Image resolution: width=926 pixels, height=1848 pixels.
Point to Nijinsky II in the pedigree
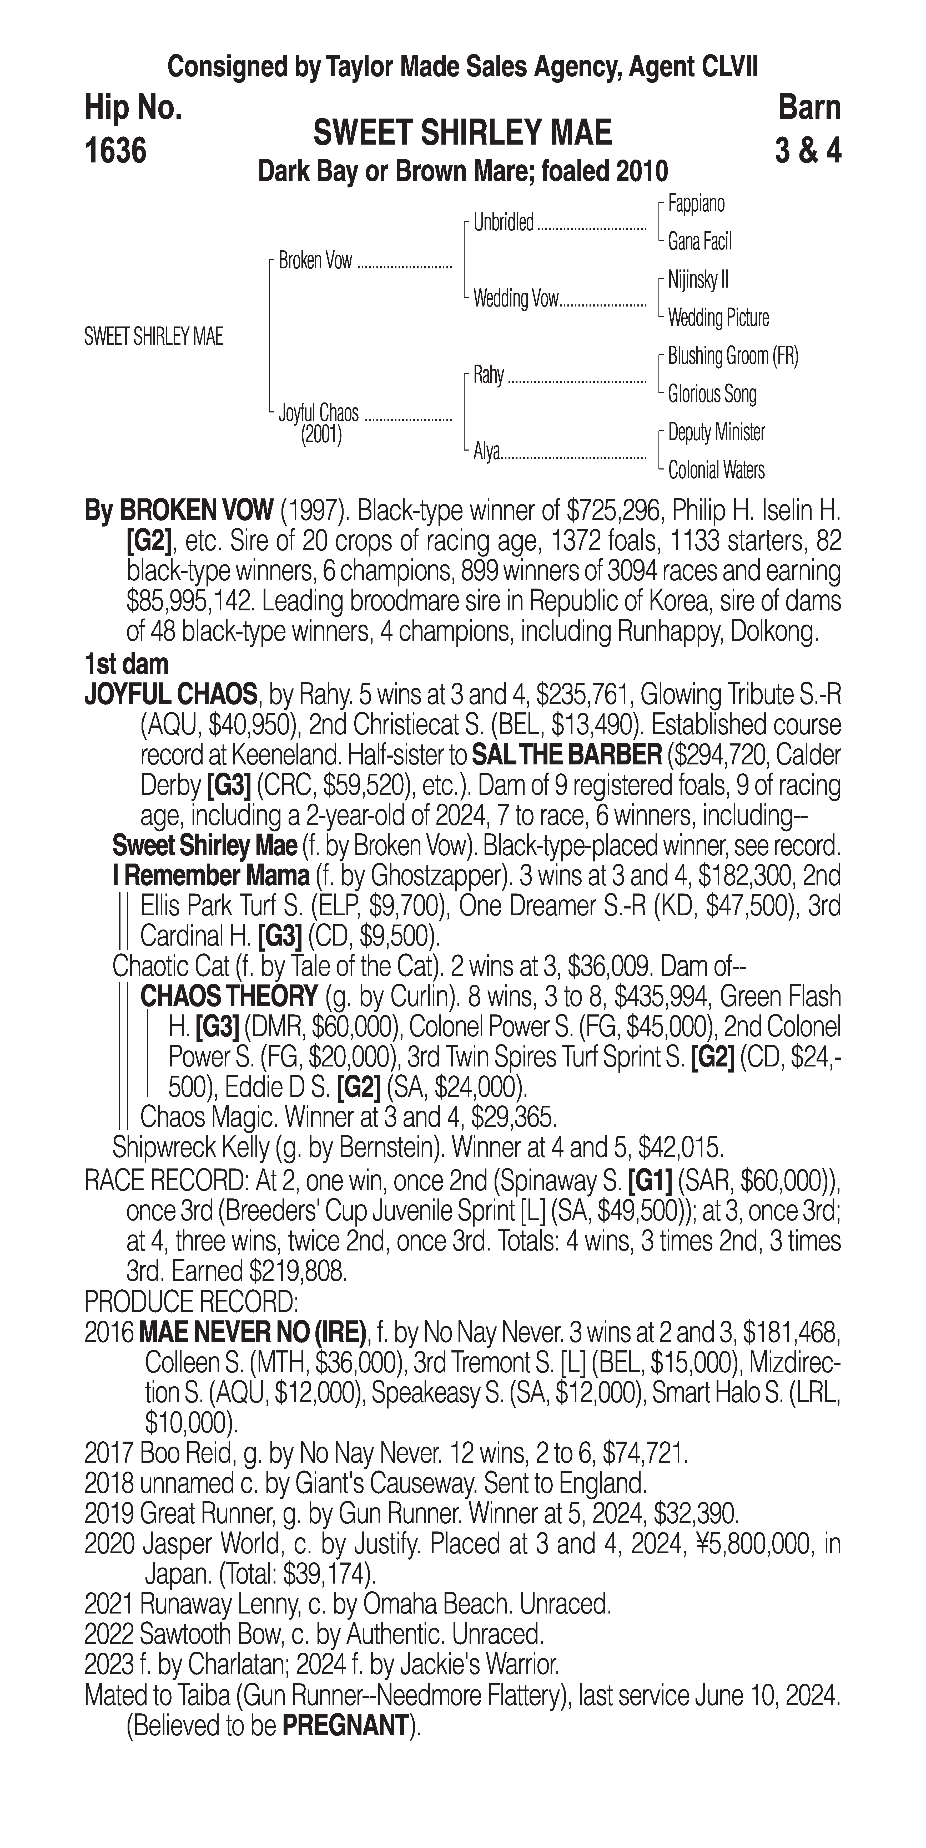click(698, 280)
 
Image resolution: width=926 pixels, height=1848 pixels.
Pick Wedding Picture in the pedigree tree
click(718, 318)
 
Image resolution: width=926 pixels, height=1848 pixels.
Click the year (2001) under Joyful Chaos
click(321, 435)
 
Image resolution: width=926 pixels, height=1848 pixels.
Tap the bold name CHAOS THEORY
click(229, 997)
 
